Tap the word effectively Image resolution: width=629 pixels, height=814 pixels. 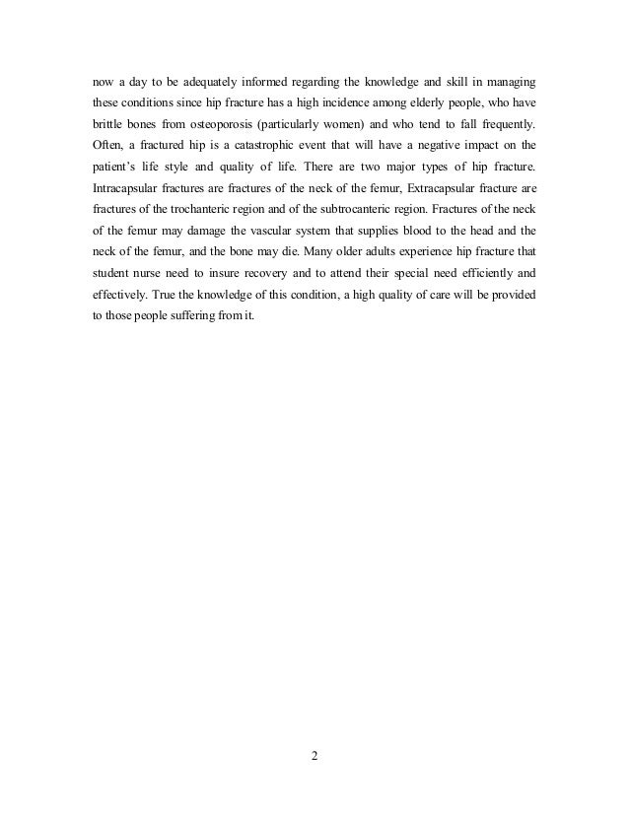click(x=111, y=319)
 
